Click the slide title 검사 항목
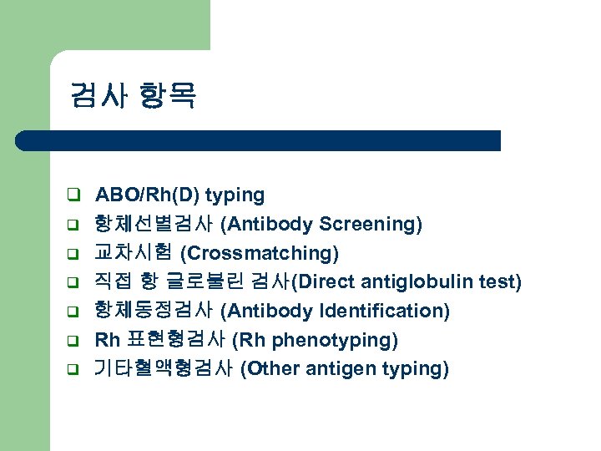pyautogui.click(x=134, y=96)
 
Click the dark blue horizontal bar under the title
pyautogui.click(x=259, y=140)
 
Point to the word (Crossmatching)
pyautogui.click(x=260, y=253)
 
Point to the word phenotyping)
pyautogui.click(x=344, y=340)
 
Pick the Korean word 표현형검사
pyautogui.click(x=174, y=340)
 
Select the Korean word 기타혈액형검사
pyautogui.click(x=164, y=369)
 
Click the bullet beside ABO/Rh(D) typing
pyautogui.click(x=73, y=195)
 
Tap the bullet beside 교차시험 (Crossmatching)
pyautogui.click(x=73, y=253)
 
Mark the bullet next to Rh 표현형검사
pyautogui.click(x=73, y=341)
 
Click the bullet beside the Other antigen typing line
pyautogui.click(x=73, y=369)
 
